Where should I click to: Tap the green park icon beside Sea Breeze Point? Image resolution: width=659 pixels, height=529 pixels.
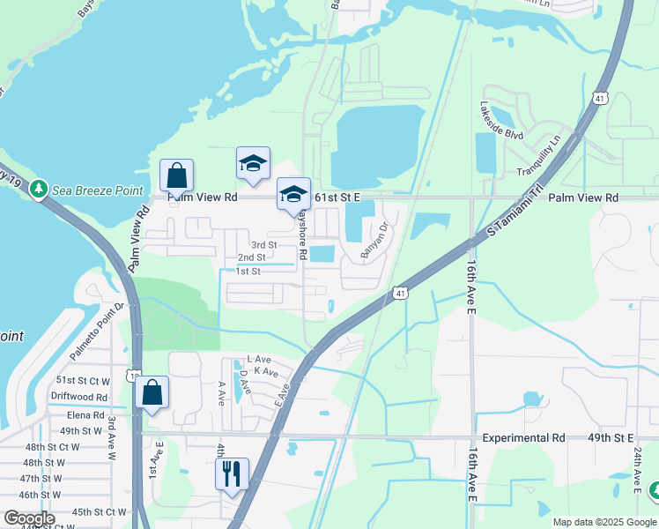38,189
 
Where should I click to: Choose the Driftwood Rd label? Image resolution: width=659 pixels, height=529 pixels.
78,398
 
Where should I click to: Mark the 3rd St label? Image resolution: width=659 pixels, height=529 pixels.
263,244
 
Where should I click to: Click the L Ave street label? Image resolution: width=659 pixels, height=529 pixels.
259,360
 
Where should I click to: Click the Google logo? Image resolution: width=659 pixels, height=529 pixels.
29,518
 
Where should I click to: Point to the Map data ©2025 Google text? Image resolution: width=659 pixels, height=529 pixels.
604,522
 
